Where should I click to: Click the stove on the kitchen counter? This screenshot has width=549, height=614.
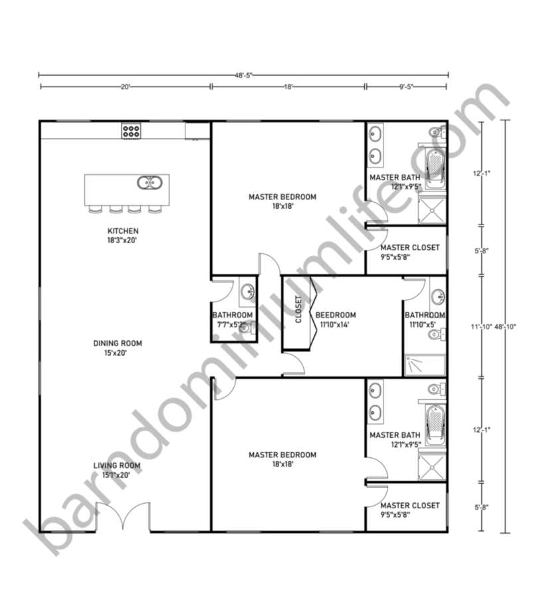(x=130, y=131)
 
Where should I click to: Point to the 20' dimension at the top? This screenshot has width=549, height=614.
(x=126, y=86)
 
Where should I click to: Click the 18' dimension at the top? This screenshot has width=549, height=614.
(x=288, y=86)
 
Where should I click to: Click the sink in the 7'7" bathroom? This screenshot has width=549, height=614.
(x=247, y=290)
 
